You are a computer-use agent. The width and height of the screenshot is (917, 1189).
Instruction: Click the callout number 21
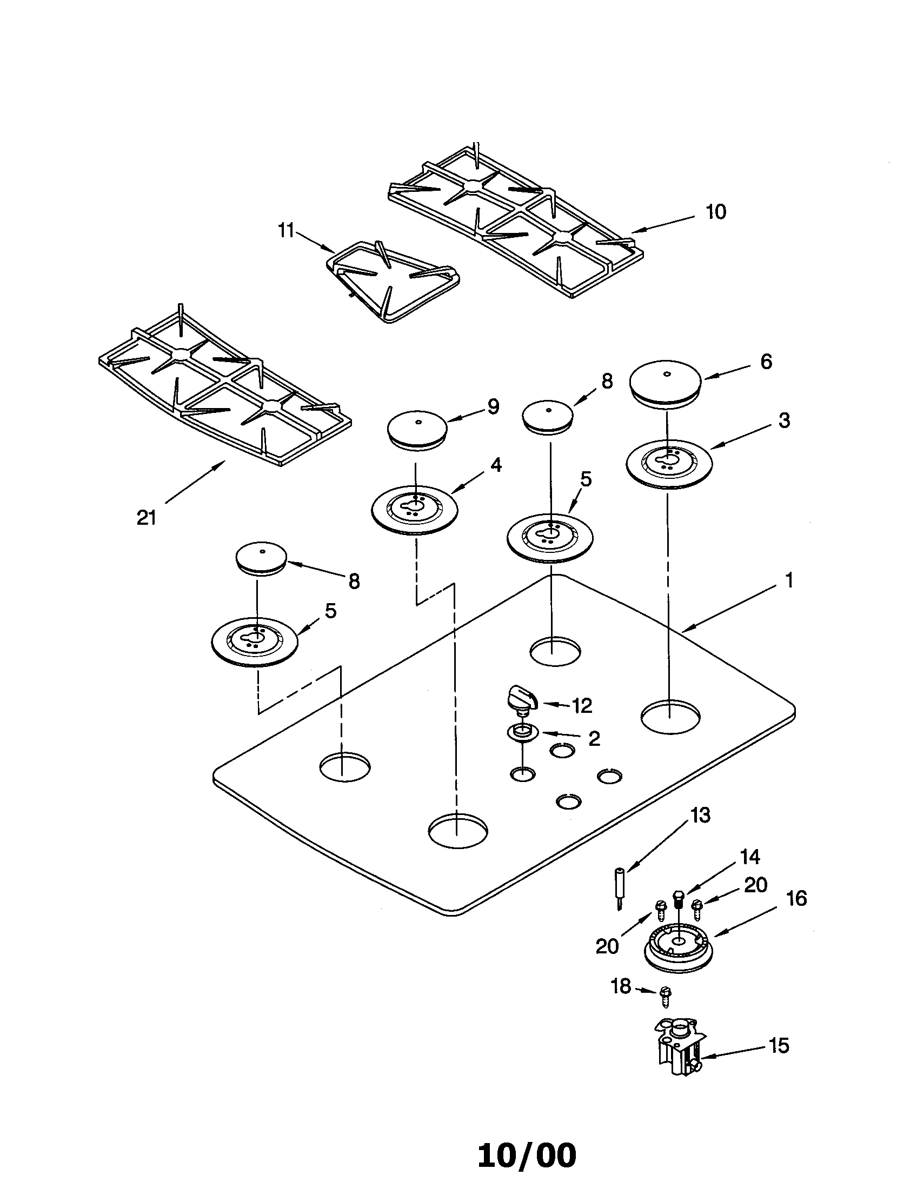[147, 518]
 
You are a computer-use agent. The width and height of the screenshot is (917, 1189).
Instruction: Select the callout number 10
[716, 212]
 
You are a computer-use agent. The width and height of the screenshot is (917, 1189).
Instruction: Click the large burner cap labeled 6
[666, 384]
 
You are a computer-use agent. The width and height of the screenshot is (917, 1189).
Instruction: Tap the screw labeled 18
[666, 994]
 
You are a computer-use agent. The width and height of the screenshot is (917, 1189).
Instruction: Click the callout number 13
[700, 815]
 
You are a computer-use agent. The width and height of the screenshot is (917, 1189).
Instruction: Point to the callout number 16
[796, 898]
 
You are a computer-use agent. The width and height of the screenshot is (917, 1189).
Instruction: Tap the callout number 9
[493, 406]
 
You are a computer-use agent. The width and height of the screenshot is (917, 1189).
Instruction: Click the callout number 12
[582, 706]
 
